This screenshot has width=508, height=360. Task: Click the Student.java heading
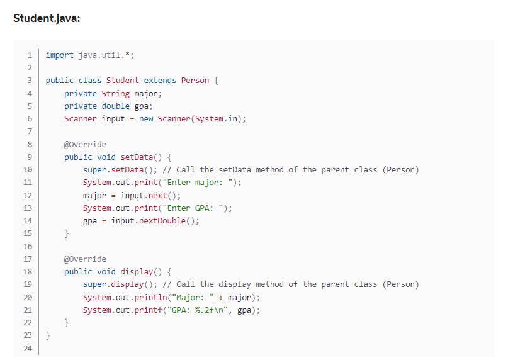[47, 18]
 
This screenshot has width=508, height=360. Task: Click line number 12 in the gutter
[28, 196]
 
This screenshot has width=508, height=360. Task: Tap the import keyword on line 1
[59, 55]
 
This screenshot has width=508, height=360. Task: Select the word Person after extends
[195, 81]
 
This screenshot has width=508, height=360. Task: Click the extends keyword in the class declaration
[160, 81]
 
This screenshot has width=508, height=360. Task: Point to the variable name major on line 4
[146, 93]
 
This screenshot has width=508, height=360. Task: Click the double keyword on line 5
[116, 106]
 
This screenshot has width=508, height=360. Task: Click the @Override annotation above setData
[85, 145]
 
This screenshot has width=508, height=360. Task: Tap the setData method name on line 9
[130, 157]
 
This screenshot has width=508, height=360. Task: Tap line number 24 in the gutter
[28, 349]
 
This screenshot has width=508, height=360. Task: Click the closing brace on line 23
[48, 336]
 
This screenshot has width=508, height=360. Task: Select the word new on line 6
[146, 119]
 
